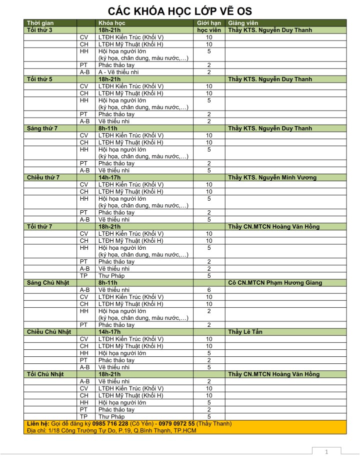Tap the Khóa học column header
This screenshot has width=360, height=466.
click(x=112, y=23)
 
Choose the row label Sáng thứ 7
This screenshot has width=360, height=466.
click(x=42, y=128)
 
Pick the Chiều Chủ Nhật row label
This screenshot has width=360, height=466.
click(x=48, y=332)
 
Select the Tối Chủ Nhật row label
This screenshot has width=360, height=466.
click(x=44, y=374)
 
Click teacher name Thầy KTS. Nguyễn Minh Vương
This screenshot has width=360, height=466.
click(x=272, y=177)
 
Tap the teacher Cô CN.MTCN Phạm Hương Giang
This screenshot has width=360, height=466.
click(x=275, y=283)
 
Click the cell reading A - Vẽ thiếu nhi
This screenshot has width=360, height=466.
click(x=118, y=72)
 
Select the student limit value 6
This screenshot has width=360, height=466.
click(x=209, y=290)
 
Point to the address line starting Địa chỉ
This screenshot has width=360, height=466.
click(x=110, y=430)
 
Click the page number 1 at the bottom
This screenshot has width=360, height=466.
click(x=326, y=452)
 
